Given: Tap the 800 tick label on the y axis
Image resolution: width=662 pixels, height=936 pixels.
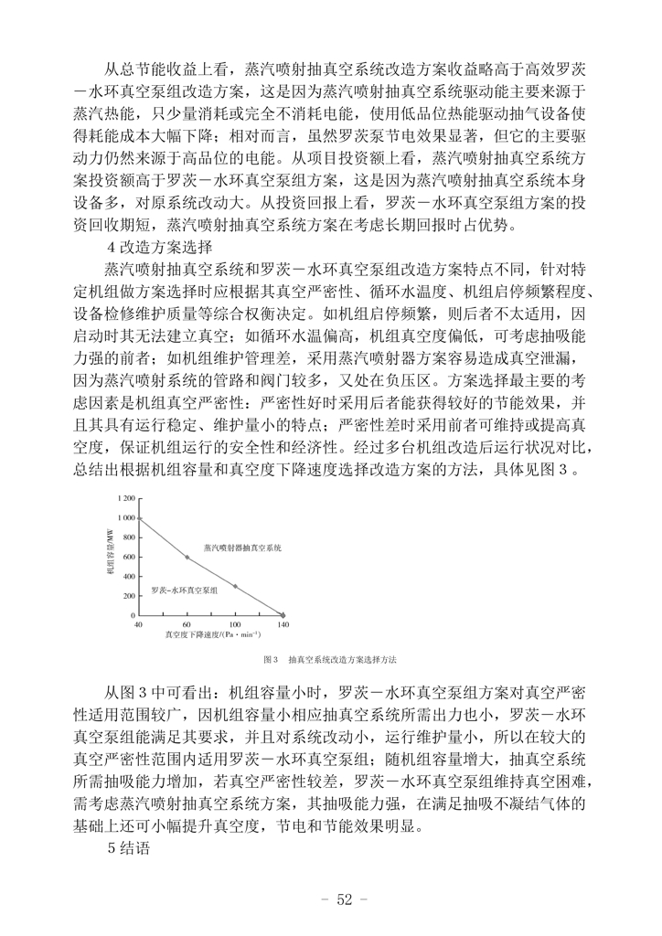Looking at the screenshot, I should (127, 537).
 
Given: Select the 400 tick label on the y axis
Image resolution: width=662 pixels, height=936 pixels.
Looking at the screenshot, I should (127, 577).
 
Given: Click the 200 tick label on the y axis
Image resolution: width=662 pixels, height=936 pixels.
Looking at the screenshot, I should (127, 596).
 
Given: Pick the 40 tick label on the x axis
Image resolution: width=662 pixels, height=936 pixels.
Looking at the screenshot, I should (139, 624).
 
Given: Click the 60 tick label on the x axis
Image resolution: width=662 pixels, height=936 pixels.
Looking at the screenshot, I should (187, 624).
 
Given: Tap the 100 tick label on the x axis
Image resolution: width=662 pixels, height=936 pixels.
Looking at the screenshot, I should (235, 624).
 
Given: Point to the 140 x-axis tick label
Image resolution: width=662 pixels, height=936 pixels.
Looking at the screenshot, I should (283, 624).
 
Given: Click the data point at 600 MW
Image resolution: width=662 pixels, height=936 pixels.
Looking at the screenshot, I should (187, 557).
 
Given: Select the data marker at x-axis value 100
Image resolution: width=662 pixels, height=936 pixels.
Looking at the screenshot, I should (235, 586).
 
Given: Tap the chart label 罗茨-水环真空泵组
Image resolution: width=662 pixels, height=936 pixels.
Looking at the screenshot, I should (185, 591).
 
